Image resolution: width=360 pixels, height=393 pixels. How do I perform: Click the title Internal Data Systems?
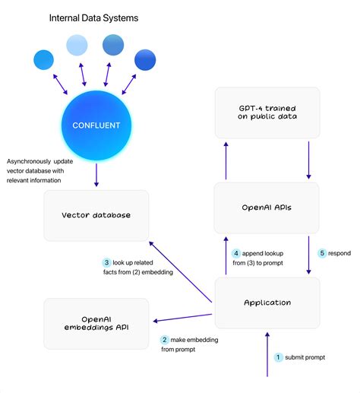click(94, 17)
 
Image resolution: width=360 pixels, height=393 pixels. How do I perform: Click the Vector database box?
click(96, 215)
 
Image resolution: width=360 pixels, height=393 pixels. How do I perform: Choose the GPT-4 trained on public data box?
click(267, 113)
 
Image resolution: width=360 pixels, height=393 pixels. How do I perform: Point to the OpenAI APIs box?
click(267, 208)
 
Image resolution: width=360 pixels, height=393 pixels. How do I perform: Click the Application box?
click(267, 303)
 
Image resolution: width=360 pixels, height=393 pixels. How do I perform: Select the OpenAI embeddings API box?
click(96, 323)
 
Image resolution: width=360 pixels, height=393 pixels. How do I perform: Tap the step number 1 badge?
click(278, 357)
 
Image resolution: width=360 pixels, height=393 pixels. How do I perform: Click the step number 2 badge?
click(165, 341)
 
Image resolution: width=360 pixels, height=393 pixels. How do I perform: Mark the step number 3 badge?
click(107, 263)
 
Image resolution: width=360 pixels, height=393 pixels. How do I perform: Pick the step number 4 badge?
click(236, 253)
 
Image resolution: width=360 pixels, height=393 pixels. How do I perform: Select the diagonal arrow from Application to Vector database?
click(182, 270)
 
